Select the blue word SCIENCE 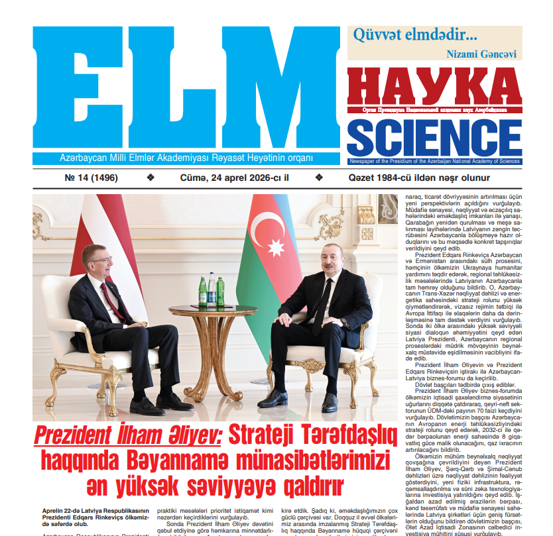pyautogui.click(x=434, y=137)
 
